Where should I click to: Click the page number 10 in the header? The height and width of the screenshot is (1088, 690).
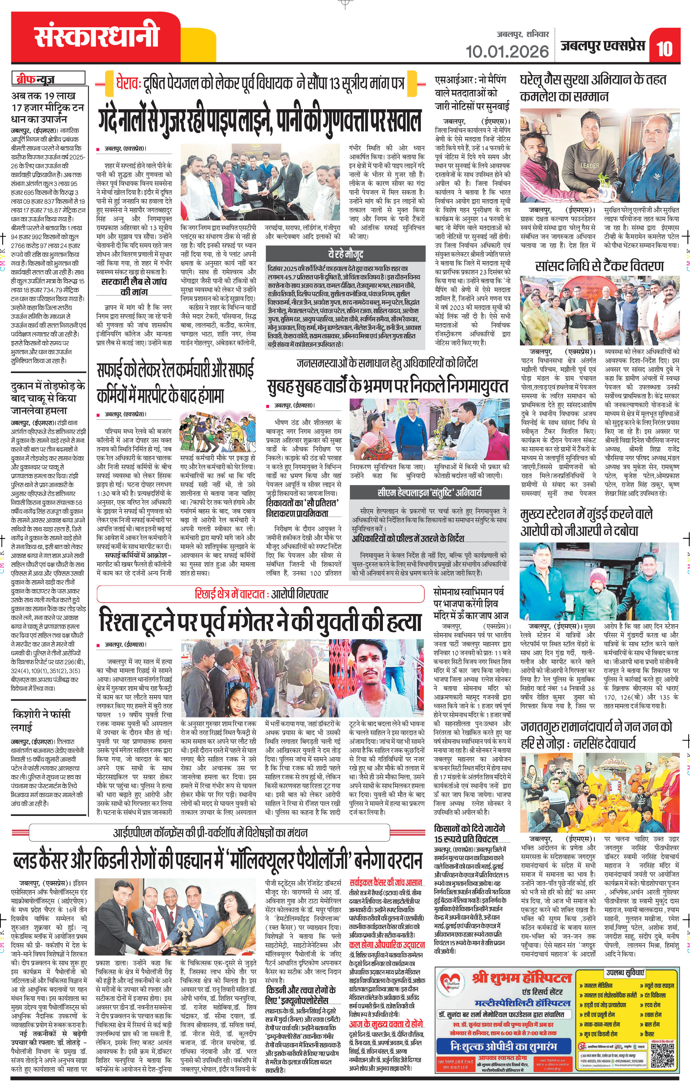coord(665,48)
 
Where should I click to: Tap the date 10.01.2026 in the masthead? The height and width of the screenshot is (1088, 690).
coord(507,51)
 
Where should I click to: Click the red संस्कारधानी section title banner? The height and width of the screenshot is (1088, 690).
coord(97,36)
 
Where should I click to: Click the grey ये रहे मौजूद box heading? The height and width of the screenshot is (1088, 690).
coord(345,253)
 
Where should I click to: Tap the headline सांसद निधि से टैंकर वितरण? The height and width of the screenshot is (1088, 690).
coord(599,266)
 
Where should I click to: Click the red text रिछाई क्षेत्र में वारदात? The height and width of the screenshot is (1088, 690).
coord(230,594)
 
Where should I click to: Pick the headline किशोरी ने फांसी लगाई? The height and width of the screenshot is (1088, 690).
coord(41,720)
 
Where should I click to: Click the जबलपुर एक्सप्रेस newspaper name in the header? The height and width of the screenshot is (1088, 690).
coord(603,46)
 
